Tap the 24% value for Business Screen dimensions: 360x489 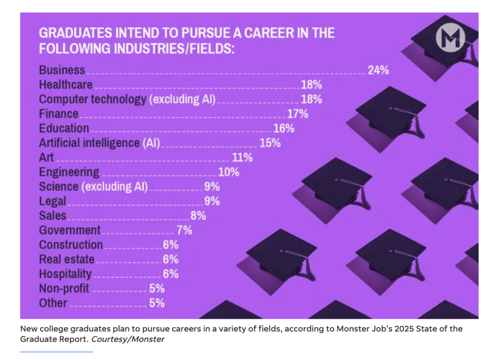378,70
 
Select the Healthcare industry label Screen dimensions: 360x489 66,85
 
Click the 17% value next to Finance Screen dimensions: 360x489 297,114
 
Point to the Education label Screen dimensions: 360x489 64,128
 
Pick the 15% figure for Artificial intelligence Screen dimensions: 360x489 270,143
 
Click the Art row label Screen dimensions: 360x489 46,158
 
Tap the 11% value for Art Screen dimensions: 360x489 242,158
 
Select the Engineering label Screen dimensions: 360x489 69,172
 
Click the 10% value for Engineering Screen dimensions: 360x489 228,172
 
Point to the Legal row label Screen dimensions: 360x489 53,201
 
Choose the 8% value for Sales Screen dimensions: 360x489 198,216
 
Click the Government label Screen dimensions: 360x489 70,230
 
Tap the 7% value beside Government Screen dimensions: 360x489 184,230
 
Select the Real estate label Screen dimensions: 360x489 67,259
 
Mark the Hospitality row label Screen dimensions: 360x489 65,274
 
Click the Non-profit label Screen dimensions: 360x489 64,288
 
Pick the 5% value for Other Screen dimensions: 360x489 157,303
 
